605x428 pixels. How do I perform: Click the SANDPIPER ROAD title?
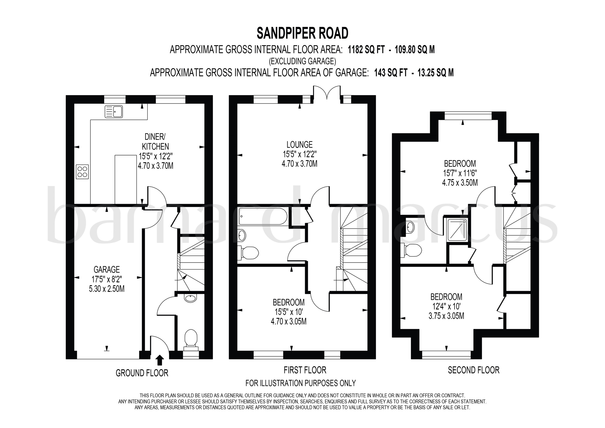pyautogui.click(x=302, y=33)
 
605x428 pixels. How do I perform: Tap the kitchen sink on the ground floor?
pyautogui.click(x=114, y=111)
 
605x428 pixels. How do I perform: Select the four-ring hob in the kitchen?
pyautogui.click(x=82, y=172)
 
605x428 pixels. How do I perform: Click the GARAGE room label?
pyautogui.click(x=107, y=269)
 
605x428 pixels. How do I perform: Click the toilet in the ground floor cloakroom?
pyautogui.click(x=191, y=340)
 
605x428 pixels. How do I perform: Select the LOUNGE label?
pyautogui.click(x=300, y=144)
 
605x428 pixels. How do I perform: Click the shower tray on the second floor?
pyautogui.click(x=457, y=230)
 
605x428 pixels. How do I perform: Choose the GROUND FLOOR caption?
pyautogui.click(x=142, y=373)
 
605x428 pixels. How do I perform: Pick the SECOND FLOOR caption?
pyautogui.click(x=474, y=370)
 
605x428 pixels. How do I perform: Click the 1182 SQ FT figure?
pyautogui.click(x=366, y=50)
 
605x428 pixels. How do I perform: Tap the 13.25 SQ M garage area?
pyautogui.click(x=436, y=73)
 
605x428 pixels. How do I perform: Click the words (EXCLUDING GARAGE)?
pyautogui.click(x=302, y=61)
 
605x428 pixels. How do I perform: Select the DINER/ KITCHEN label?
pyautogui.click(x=155, y=142)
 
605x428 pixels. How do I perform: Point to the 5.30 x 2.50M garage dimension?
pyautogui.click(x=107, y=289)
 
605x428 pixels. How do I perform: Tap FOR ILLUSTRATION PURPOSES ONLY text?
pyautogui.click(x=301, y=383)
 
